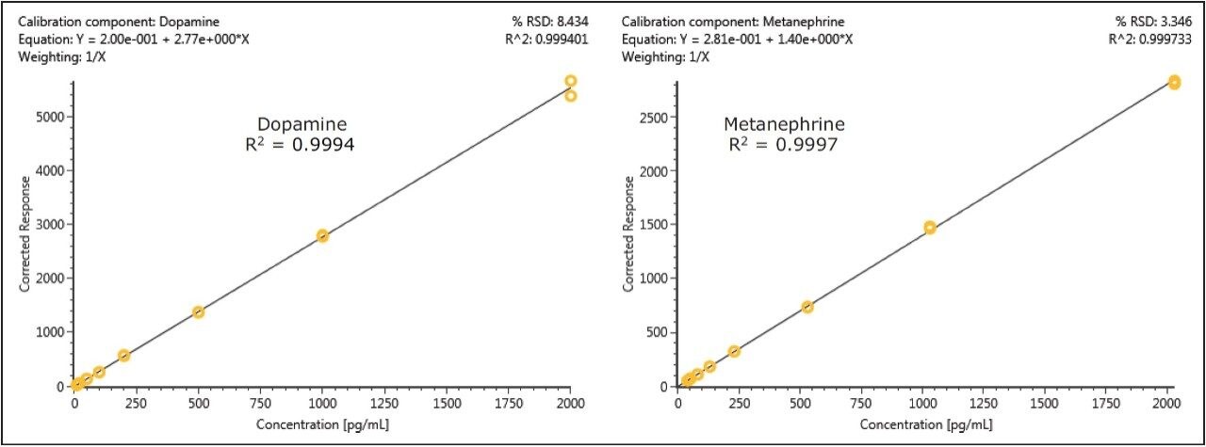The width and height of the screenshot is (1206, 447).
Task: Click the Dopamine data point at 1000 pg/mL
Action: coord(322,235)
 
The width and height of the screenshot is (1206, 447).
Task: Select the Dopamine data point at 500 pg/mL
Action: coord(198,311)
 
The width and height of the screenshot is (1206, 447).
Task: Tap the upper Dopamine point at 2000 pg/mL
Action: coord(570,81)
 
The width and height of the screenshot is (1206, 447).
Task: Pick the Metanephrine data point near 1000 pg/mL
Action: coord(930,228)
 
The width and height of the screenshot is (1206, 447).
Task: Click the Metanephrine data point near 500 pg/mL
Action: coord(807,307)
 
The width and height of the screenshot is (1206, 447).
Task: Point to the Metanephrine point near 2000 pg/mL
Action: coord(1174,82)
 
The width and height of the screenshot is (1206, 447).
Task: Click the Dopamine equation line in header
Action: coord(134,39)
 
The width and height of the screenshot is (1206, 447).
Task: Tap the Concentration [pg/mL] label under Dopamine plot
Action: coord(322,424)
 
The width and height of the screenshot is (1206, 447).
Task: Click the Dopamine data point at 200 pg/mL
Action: coord(123,356)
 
